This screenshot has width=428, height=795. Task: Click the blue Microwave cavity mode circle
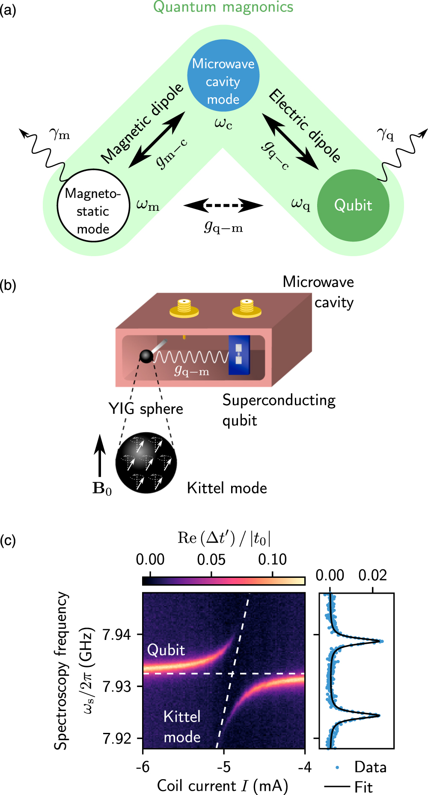pos(223,75)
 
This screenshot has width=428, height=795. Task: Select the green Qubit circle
pos(353,205)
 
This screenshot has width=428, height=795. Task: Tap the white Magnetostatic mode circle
pos(93,205)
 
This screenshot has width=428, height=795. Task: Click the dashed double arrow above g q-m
pos(223,206)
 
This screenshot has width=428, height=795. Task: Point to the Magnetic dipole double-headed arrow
pos(157,140)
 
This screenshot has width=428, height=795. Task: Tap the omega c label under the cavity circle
pos(223,124)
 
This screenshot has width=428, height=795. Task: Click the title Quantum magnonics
pos(223,7)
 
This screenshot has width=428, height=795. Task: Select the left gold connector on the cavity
pos(184,308)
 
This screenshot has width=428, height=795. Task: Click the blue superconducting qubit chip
pos(239,355)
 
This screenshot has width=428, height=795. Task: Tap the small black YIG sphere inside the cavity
pos(146,356)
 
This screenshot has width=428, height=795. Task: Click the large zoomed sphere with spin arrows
pos(146,463)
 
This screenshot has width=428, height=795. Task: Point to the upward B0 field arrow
pos(100,456)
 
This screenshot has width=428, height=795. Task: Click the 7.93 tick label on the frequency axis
pos(117,686)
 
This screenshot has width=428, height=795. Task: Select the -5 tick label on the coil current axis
pos(223,766)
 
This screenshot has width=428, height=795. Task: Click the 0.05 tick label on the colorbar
pos(211,559)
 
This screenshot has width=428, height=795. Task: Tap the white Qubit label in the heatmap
pos(166,650)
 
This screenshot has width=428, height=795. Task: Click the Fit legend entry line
pos(337,786)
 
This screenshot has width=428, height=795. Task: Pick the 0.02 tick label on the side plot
pos(372,575)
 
